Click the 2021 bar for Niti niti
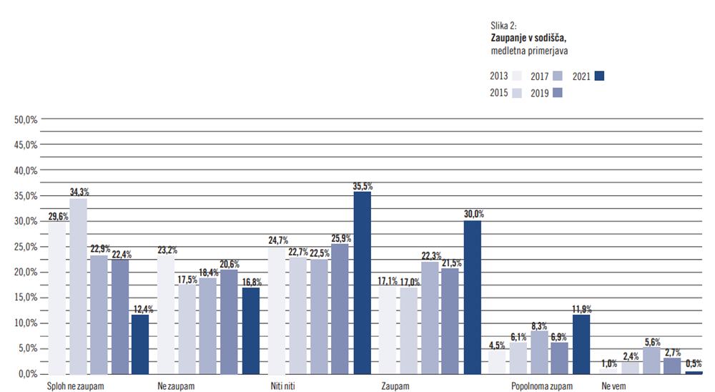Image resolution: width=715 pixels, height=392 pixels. pos(362,283)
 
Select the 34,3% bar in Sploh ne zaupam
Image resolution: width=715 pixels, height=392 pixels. pos(78,286)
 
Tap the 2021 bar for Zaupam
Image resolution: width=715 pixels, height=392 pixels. pos(473,297)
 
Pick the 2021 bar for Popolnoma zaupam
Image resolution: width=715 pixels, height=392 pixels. pos(581,343)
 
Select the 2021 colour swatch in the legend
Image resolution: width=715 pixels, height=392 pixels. pos(600,76)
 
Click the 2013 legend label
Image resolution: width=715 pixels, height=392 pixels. pos(499,76)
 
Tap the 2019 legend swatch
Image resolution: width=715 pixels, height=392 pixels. pos(558,92)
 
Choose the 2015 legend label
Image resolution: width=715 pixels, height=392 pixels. pos(499,92)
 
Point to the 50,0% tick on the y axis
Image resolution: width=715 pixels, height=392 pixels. pos(26,119)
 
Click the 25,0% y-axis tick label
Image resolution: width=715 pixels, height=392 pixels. pos(26,247)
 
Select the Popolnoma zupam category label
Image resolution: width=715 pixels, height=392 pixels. pos(542,386)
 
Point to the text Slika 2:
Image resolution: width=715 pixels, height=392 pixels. pos(506,25)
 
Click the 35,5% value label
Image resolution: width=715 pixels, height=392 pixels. pos(363,187)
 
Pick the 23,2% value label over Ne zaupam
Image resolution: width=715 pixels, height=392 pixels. pos(167,250)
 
